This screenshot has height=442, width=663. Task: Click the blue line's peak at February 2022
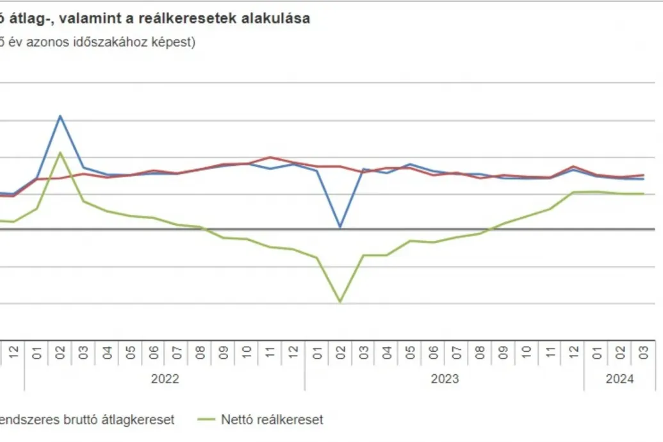[60, 116]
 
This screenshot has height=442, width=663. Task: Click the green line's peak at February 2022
[60, 152]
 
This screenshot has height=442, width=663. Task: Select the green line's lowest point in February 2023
[340, 302]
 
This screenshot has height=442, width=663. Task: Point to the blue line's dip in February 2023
[340, 227]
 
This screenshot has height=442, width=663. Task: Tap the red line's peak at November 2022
[270, 157]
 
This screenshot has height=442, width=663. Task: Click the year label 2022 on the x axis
[165, 379]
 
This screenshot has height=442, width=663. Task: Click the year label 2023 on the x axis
[445, 379]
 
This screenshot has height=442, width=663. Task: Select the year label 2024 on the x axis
[619, 379]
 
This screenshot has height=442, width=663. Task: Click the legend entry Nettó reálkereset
[272, 420]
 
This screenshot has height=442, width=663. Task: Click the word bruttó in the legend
[81, 420]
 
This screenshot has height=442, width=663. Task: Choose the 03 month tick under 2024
[643, 352]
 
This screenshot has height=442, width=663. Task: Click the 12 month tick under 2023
[573, 352]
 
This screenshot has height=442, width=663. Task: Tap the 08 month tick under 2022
[200, 352]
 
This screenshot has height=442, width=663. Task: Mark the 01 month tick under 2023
[316, 352]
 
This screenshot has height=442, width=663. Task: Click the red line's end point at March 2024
[643, 175]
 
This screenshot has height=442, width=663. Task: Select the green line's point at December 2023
[573, 192]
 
